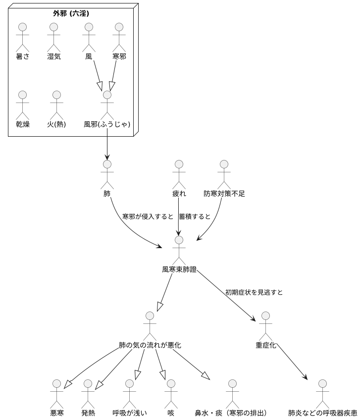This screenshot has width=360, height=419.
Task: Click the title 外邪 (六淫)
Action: pyautogui.click(x=71, y=13)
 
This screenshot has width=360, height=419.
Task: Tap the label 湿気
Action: pyautogui.click(x=54, y=56)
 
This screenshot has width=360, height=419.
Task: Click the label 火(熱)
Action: pyautogui.click(x=56, y=124)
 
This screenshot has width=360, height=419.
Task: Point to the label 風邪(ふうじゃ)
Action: pyautogui.click(x=107, y=124)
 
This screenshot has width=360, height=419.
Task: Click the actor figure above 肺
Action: pyautogui.click(x=107, y=173)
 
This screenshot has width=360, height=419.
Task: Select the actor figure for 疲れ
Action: pyautogui.click(x=179, y=173)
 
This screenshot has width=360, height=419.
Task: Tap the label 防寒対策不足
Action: pyautogui.click(x=224, y=194)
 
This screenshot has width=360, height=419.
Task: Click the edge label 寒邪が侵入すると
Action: pyautogui.click(x=148, y=216)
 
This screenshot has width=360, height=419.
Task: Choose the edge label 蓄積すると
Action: pyautogui.click(x=195, y=216)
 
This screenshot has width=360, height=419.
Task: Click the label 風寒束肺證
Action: pyautogui.click(x=179, y=269)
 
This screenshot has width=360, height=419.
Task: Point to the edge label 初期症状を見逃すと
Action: pyautogui.click(x=254, y=292)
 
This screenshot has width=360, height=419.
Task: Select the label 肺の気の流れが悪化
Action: pyautogui.click(x=150, y=345)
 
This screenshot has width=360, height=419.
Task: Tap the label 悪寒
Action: pyautogui.click(x=57, y=413)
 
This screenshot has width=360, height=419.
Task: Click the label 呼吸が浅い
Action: pyautogui.click(x=130, y=413)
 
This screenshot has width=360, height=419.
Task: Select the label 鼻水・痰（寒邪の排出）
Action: pyautogui.click(x=231, y=413)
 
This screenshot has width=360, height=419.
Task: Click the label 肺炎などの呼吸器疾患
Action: pyautogui.click(x=323, y=413)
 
